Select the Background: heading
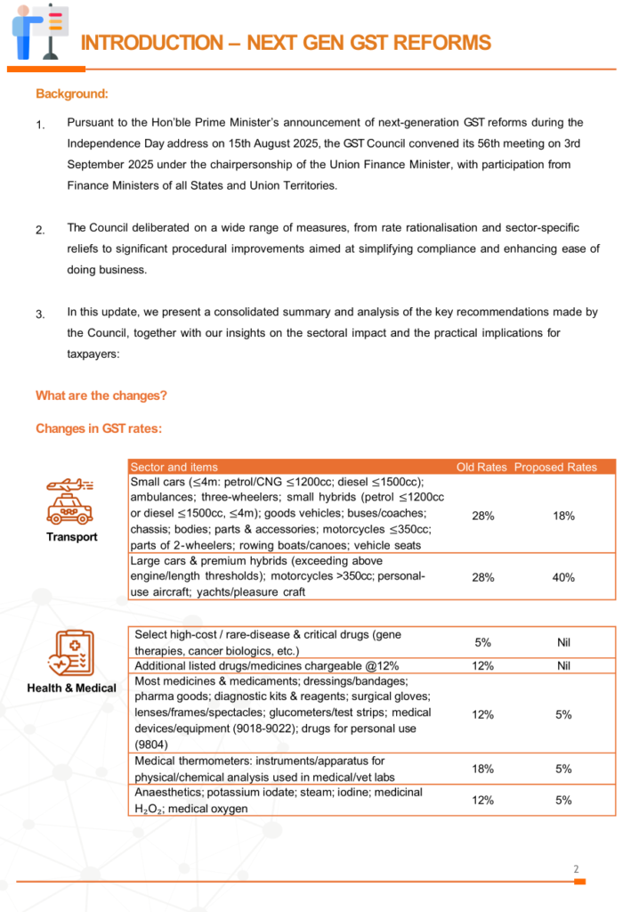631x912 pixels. [72, 94]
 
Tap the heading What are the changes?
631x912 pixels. [101, 395]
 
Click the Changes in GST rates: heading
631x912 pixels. [98, 428]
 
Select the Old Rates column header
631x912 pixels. [481, 467]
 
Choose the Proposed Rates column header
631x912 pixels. [555, 467]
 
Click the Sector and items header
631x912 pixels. [174, 467]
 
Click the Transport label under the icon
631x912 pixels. [72, 537]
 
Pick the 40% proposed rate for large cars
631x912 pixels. [563, 577]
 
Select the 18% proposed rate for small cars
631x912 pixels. [563, 516]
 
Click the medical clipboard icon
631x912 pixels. [71, 654]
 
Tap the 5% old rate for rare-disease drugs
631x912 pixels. [483, 642]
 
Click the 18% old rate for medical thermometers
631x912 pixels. [483, 769]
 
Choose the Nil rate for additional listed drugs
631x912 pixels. [563, 665]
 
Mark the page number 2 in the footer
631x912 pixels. [576, 869]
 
